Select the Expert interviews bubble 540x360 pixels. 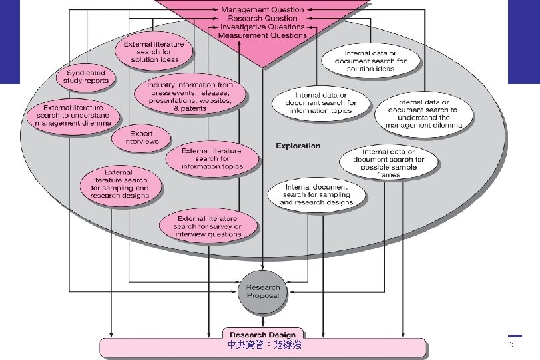click(141, 137)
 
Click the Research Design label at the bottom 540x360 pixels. click(263, 335)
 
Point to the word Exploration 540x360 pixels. click(298, 146)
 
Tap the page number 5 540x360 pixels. click(512, 344)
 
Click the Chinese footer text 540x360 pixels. click(264, 345)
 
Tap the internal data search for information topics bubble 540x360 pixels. click(320, 103)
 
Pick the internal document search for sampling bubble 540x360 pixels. click(316, 194)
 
